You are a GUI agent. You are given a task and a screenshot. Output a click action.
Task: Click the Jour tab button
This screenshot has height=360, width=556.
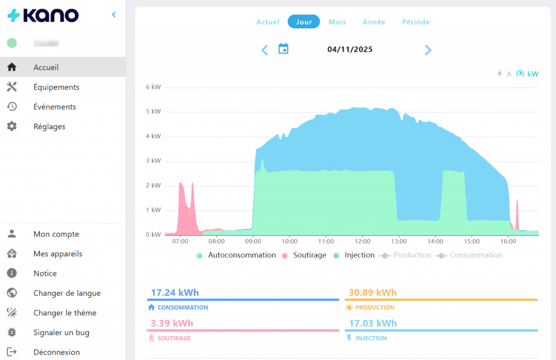click(304, 22)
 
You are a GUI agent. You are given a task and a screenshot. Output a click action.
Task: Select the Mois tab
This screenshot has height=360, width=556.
click(337, 22)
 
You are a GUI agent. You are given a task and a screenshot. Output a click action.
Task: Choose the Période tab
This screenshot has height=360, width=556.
click(415, 22)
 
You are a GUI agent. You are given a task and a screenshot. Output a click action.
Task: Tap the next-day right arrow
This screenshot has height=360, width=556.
click(428, 50)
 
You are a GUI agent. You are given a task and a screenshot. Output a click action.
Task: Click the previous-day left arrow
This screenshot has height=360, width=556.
click(264, 50)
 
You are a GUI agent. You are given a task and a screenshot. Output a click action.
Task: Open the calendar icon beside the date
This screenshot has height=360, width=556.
click(283, 49)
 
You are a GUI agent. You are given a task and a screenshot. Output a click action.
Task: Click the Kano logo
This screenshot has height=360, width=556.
click(43, 15)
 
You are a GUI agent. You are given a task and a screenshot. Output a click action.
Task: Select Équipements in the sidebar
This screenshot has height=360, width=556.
click(56, 87)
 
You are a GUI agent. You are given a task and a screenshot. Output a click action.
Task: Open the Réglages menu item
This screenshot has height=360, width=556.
click(49, 127)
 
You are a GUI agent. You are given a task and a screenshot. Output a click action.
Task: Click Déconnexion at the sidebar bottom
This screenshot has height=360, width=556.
click(56, 352)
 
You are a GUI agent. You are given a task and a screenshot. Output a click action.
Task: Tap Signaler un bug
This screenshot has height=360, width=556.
click(61, 332)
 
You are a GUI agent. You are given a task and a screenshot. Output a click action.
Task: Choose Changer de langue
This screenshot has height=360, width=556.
click(67, 293)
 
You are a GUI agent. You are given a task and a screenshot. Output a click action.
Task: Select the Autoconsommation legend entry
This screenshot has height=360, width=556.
click(242, 255)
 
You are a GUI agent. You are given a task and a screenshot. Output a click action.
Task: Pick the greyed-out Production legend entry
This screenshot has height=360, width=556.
click(412, 255)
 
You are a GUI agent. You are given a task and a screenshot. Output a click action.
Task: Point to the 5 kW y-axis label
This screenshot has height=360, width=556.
click(153, 111)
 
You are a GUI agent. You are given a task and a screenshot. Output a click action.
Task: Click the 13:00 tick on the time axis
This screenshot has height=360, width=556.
click(399, 241)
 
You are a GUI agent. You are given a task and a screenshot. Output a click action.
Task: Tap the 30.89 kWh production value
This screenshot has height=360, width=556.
click(372, 293)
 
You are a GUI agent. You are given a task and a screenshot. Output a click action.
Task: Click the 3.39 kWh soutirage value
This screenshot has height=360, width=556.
click(170, 323)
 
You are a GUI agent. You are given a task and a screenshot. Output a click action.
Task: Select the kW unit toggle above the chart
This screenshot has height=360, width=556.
click(533, 74)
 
